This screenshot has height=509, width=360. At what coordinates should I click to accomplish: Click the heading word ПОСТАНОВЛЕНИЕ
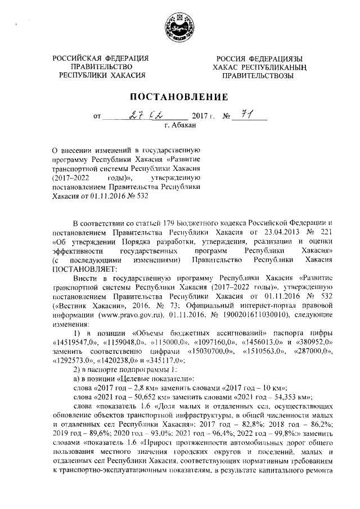pos(180,97)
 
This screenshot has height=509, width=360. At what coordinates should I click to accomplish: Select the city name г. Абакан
pos(179,127)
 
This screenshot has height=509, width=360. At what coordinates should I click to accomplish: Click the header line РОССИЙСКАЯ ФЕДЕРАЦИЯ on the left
pos(101,59)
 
